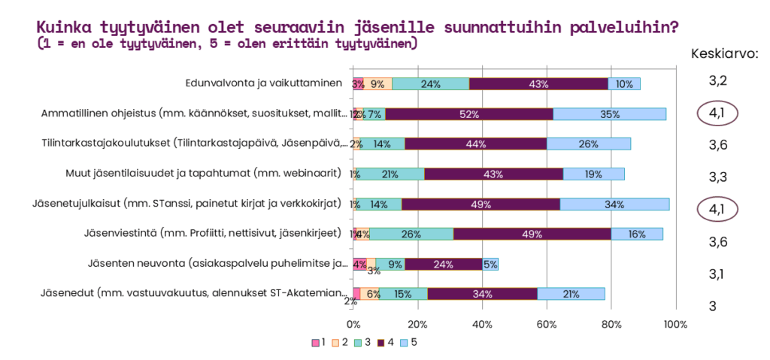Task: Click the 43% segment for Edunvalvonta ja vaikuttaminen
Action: [538, 83]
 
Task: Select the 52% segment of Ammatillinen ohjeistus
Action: [469, 114]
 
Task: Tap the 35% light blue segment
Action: [609, 114]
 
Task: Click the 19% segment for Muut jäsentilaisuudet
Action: [593, 174]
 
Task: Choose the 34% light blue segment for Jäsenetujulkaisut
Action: [614, 204]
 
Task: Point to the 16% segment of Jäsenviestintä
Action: [636, 234]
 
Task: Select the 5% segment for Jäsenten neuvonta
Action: [490, 264]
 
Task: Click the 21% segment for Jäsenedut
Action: [571, 293]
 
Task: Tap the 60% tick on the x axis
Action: [547, 324]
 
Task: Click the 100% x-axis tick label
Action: [675, 324]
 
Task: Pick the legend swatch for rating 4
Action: [381, 343]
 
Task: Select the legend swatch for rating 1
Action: [316, 343]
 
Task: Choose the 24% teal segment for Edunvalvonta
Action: [430, 83]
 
